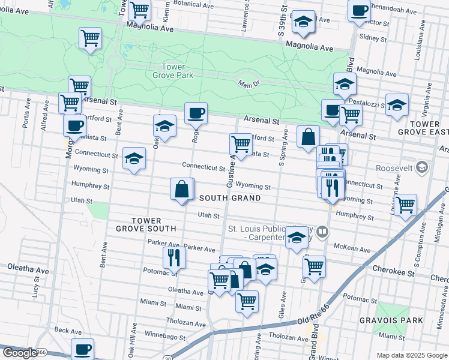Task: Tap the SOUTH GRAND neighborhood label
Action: coord(230,198)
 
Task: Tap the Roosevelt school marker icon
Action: coord(421,166)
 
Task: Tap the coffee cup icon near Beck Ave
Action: coord(83,348)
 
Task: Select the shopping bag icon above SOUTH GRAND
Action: coord(182,190)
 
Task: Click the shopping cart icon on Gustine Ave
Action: coord(241,144)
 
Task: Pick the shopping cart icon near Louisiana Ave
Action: coord(406,205)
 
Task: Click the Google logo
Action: coord(19,353)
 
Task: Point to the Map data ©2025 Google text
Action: coord(411,355)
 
